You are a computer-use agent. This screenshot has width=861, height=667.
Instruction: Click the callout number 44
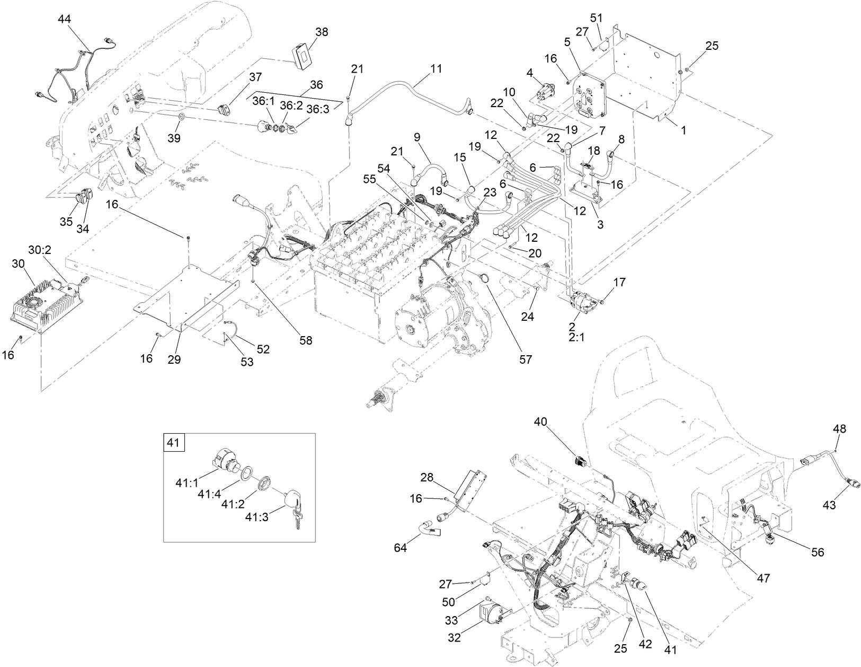(64, 19)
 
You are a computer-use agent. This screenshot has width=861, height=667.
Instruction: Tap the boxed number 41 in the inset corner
(174, 442)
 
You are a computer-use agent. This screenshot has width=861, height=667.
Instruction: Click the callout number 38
(322, 32)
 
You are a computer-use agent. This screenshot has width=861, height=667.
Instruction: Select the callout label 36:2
(291, 106)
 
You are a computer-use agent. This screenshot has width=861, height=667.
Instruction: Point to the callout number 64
(400, 548)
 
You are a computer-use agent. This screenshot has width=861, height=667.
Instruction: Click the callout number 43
(829, 505)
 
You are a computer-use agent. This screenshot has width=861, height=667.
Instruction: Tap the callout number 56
(818, 552)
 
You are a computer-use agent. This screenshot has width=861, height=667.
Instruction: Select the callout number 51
(597, 17)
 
